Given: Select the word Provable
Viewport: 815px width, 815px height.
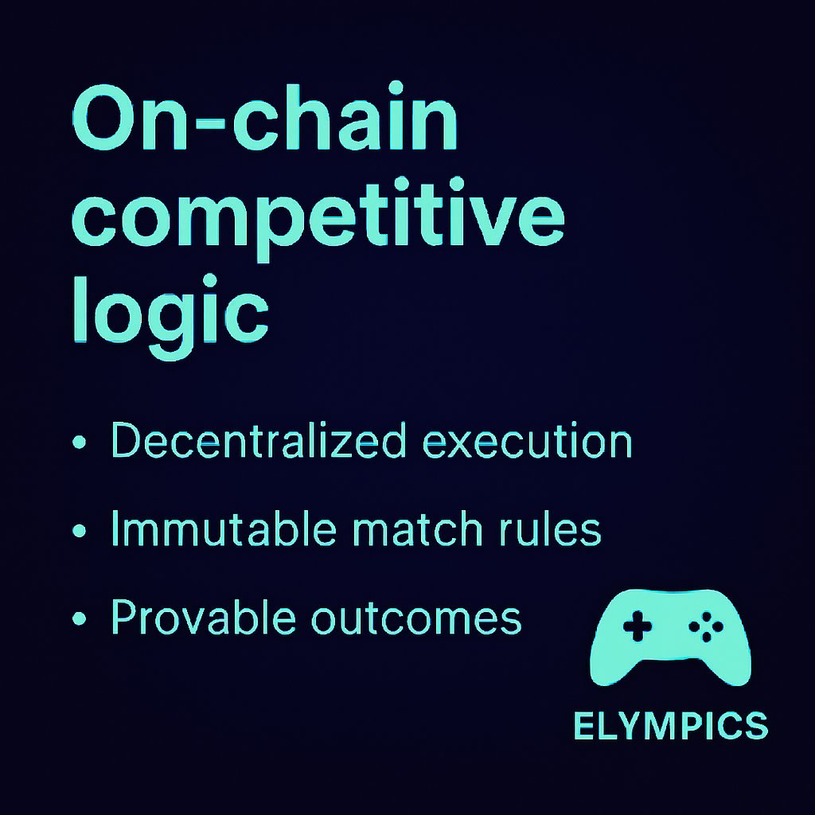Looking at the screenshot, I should pos(204,617).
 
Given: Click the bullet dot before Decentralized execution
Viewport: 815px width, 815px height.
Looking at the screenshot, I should pos(79,443).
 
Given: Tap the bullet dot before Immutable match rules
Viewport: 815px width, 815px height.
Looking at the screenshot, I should pos(79,530).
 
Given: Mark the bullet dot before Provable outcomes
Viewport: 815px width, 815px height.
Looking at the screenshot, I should pos(79,618).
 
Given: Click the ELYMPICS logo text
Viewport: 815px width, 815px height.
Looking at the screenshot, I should pos(670,726).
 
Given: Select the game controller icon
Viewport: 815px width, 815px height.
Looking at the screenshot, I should pos(671,637).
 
